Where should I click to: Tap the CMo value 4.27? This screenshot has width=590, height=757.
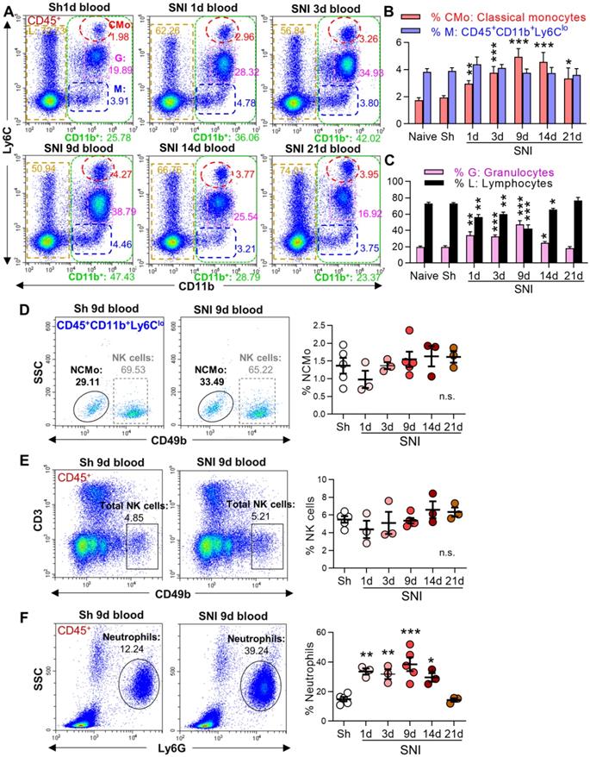click(x=121, y=177)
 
